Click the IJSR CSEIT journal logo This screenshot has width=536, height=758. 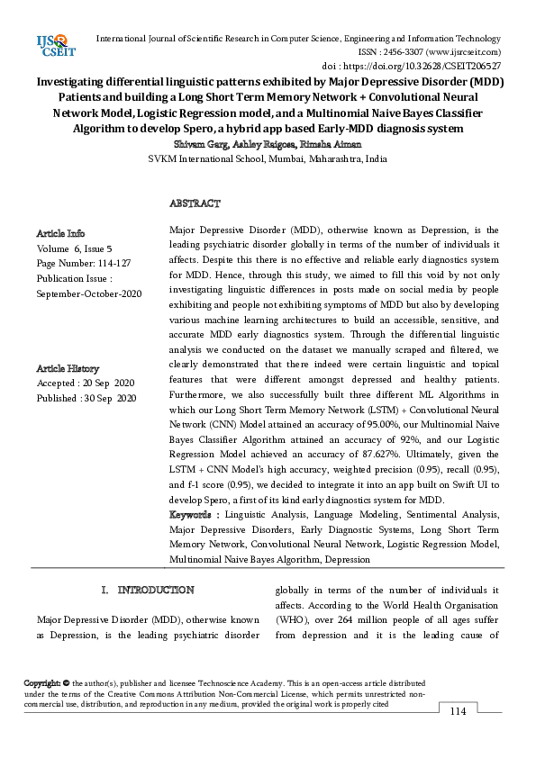click(55, 46)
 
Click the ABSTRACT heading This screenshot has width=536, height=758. click(195, 204)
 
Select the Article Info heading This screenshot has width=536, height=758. click(61, 233)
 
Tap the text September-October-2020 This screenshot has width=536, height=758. click(89, 293)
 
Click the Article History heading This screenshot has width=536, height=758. click(68, 368)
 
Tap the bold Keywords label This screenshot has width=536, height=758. click(194, 513)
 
